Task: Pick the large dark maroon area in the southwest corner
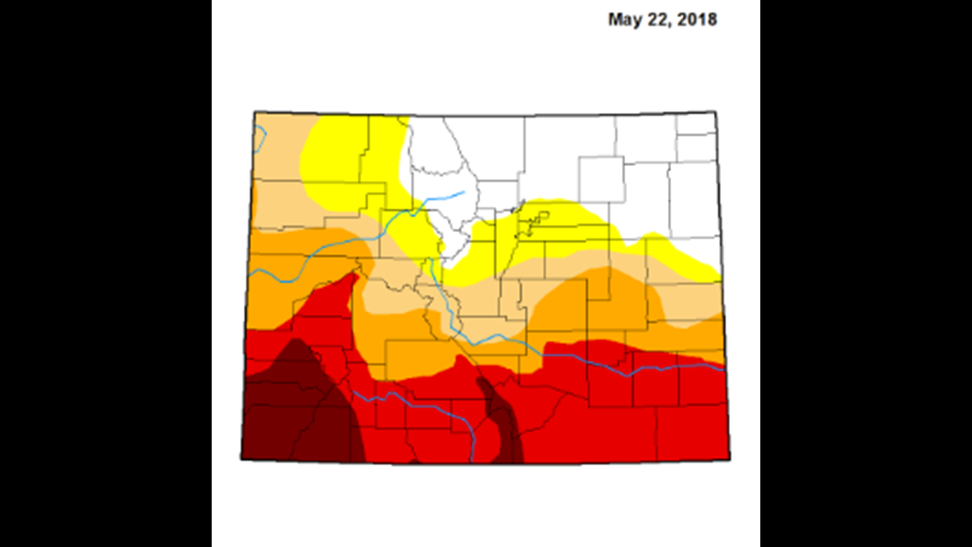299,410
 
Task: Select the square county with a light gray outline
601,180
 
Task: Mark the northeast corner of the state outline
716,110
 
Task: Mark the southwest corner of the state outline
241,459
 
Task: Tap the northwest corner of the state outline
254,111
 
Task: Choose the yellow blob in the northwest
349,162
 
